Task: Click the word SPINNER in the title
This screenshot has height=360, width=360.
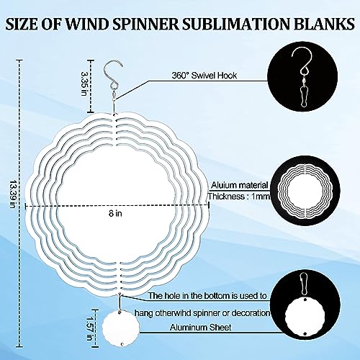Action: point(145,24)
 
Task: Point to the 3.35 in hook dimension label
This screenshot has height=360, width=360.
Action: point(84,84)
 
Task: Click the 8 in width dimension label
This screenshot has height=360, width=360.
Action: point(115,213)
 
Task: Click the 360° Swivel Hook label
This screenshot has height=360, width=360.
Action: point(204,76)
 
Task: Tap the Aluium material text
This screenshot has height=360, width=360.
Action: point(239,185)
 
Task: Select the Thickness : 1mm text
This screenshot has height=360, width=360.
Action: point(239,197)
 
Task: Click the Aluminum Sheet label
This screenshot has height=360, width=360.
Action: point(201,328)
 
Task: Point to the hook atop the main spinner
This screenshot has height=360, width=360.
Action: point(112,74)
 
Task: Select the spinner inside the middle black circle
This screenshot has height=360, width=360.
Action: point(305,192)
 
